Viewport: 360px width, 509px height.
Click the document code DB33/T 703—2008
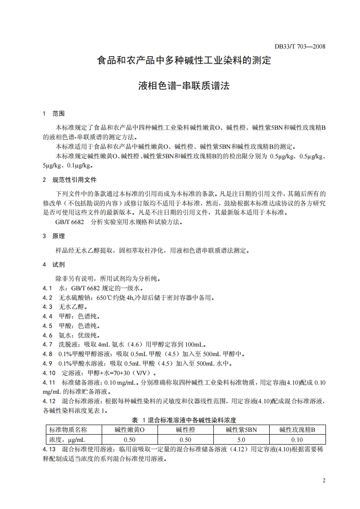(x=300, y=46)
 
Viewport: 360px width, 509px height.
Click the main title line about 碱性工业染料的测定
(x=184, y=60)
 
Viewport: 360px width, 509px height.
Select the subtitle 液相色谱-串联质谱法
(x=184, y=86)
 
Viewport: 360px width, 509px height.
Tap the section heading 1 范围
(x=54, y=113)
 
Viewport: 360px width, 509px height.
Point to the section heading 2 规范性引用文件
(x=69, y=180)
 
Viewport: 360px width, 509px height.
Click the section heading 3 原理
(x=54, y=236)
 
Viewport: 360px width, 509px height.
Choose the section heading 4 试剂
(x=54, y=264)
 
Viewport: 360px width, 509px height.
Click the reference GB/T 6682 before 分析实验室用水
(x=69, y=222)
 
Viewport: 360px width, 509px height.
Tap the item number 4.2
(x=48, y=298)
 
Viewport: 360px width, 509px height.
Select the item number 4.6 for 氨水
(x=48, y=335)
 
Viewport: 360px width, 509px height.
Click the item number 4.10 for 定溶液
(x=49, y=373)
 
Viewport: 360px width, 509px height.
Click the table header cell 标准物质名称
(x=68, y=430)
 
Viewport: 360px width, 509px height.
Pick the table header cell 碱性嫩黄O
(x=130, y=430)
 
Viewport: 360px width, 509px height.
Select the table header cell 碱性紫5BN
(x=241, y=430)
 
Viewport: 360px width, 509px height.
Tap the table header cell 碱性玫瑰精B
(x=297, y=430)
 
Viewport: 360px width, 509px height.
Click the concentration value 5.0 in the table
(x=241, y=440)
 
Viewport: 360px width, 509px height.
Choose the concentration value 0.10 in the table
(x=297, y=440)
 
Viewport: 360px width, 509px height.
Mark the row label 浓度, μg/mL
(x=67, y=440)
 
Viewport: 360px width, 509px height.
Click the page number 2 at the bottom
(x=324, y=480)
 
